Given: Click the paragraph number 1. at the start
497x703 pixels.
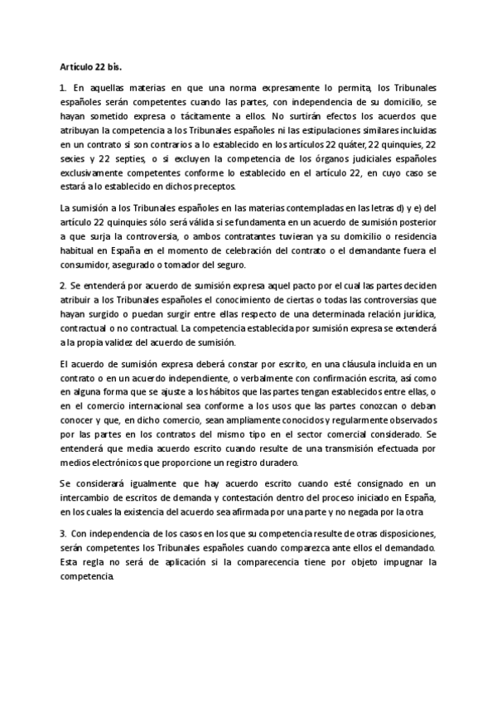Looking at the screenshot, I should [63, 87].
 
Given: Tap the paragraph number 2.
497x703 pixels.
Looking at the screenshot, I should [63, 286].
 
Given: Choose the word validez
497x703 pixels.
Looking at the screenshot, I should [128, 343].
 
